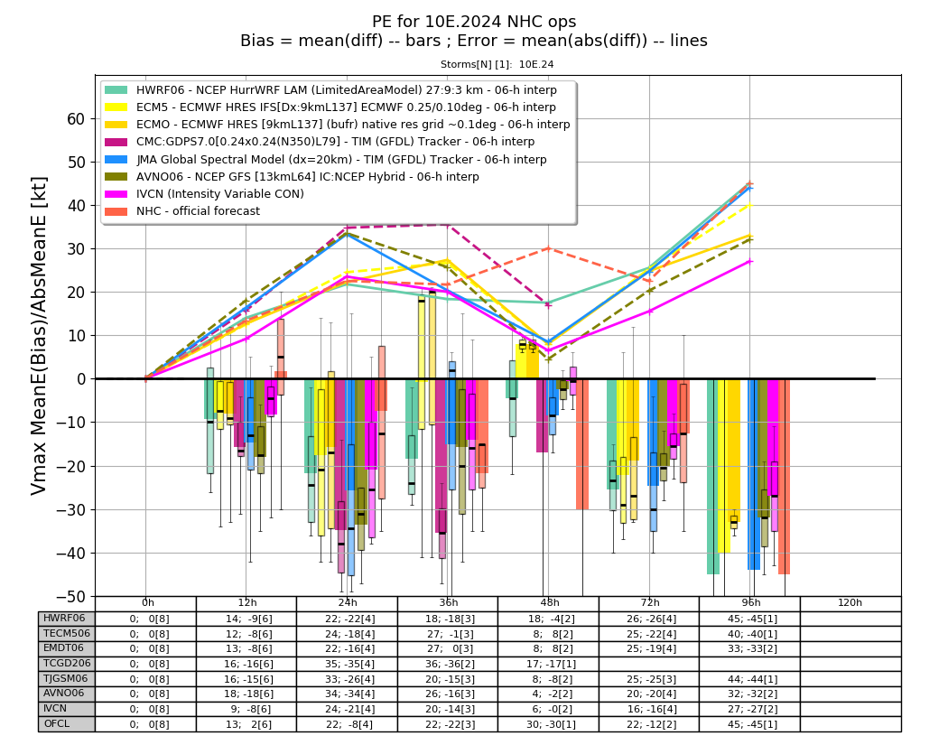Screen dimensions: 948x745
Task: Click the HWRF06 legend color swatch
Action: click(116, 90)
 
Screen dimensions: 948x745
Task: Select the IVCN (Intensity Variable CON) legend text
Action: click(220, 194)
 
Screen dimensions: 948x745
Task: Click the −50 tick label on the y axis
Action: click(70, 596)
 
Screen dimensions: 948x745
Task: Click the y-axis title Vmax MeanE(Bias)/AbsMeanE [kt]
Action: click(38, 336)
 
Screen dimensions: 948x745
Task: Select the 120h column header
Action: click(850, 602)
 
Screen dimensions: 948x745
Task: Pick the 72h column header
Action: click(650, 602)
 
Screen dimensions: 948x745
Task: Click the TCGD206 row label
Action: click(67, 664)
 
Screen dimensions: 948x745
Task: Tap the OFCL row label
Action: click(56, 724)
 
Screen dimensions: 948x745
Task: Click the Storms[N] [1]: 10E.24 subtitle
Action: click(497, 64)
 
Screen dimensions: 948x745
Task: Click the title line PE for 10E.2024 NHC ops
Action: click(474, 22)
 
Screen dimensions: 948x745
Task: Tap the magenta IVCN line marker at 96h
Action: click(750, 261)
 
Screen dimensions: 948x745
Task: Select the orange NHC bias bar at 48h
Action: click(582, 444)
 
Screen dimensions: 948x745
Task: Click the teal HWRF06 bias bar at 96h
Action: click(713, 477)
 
